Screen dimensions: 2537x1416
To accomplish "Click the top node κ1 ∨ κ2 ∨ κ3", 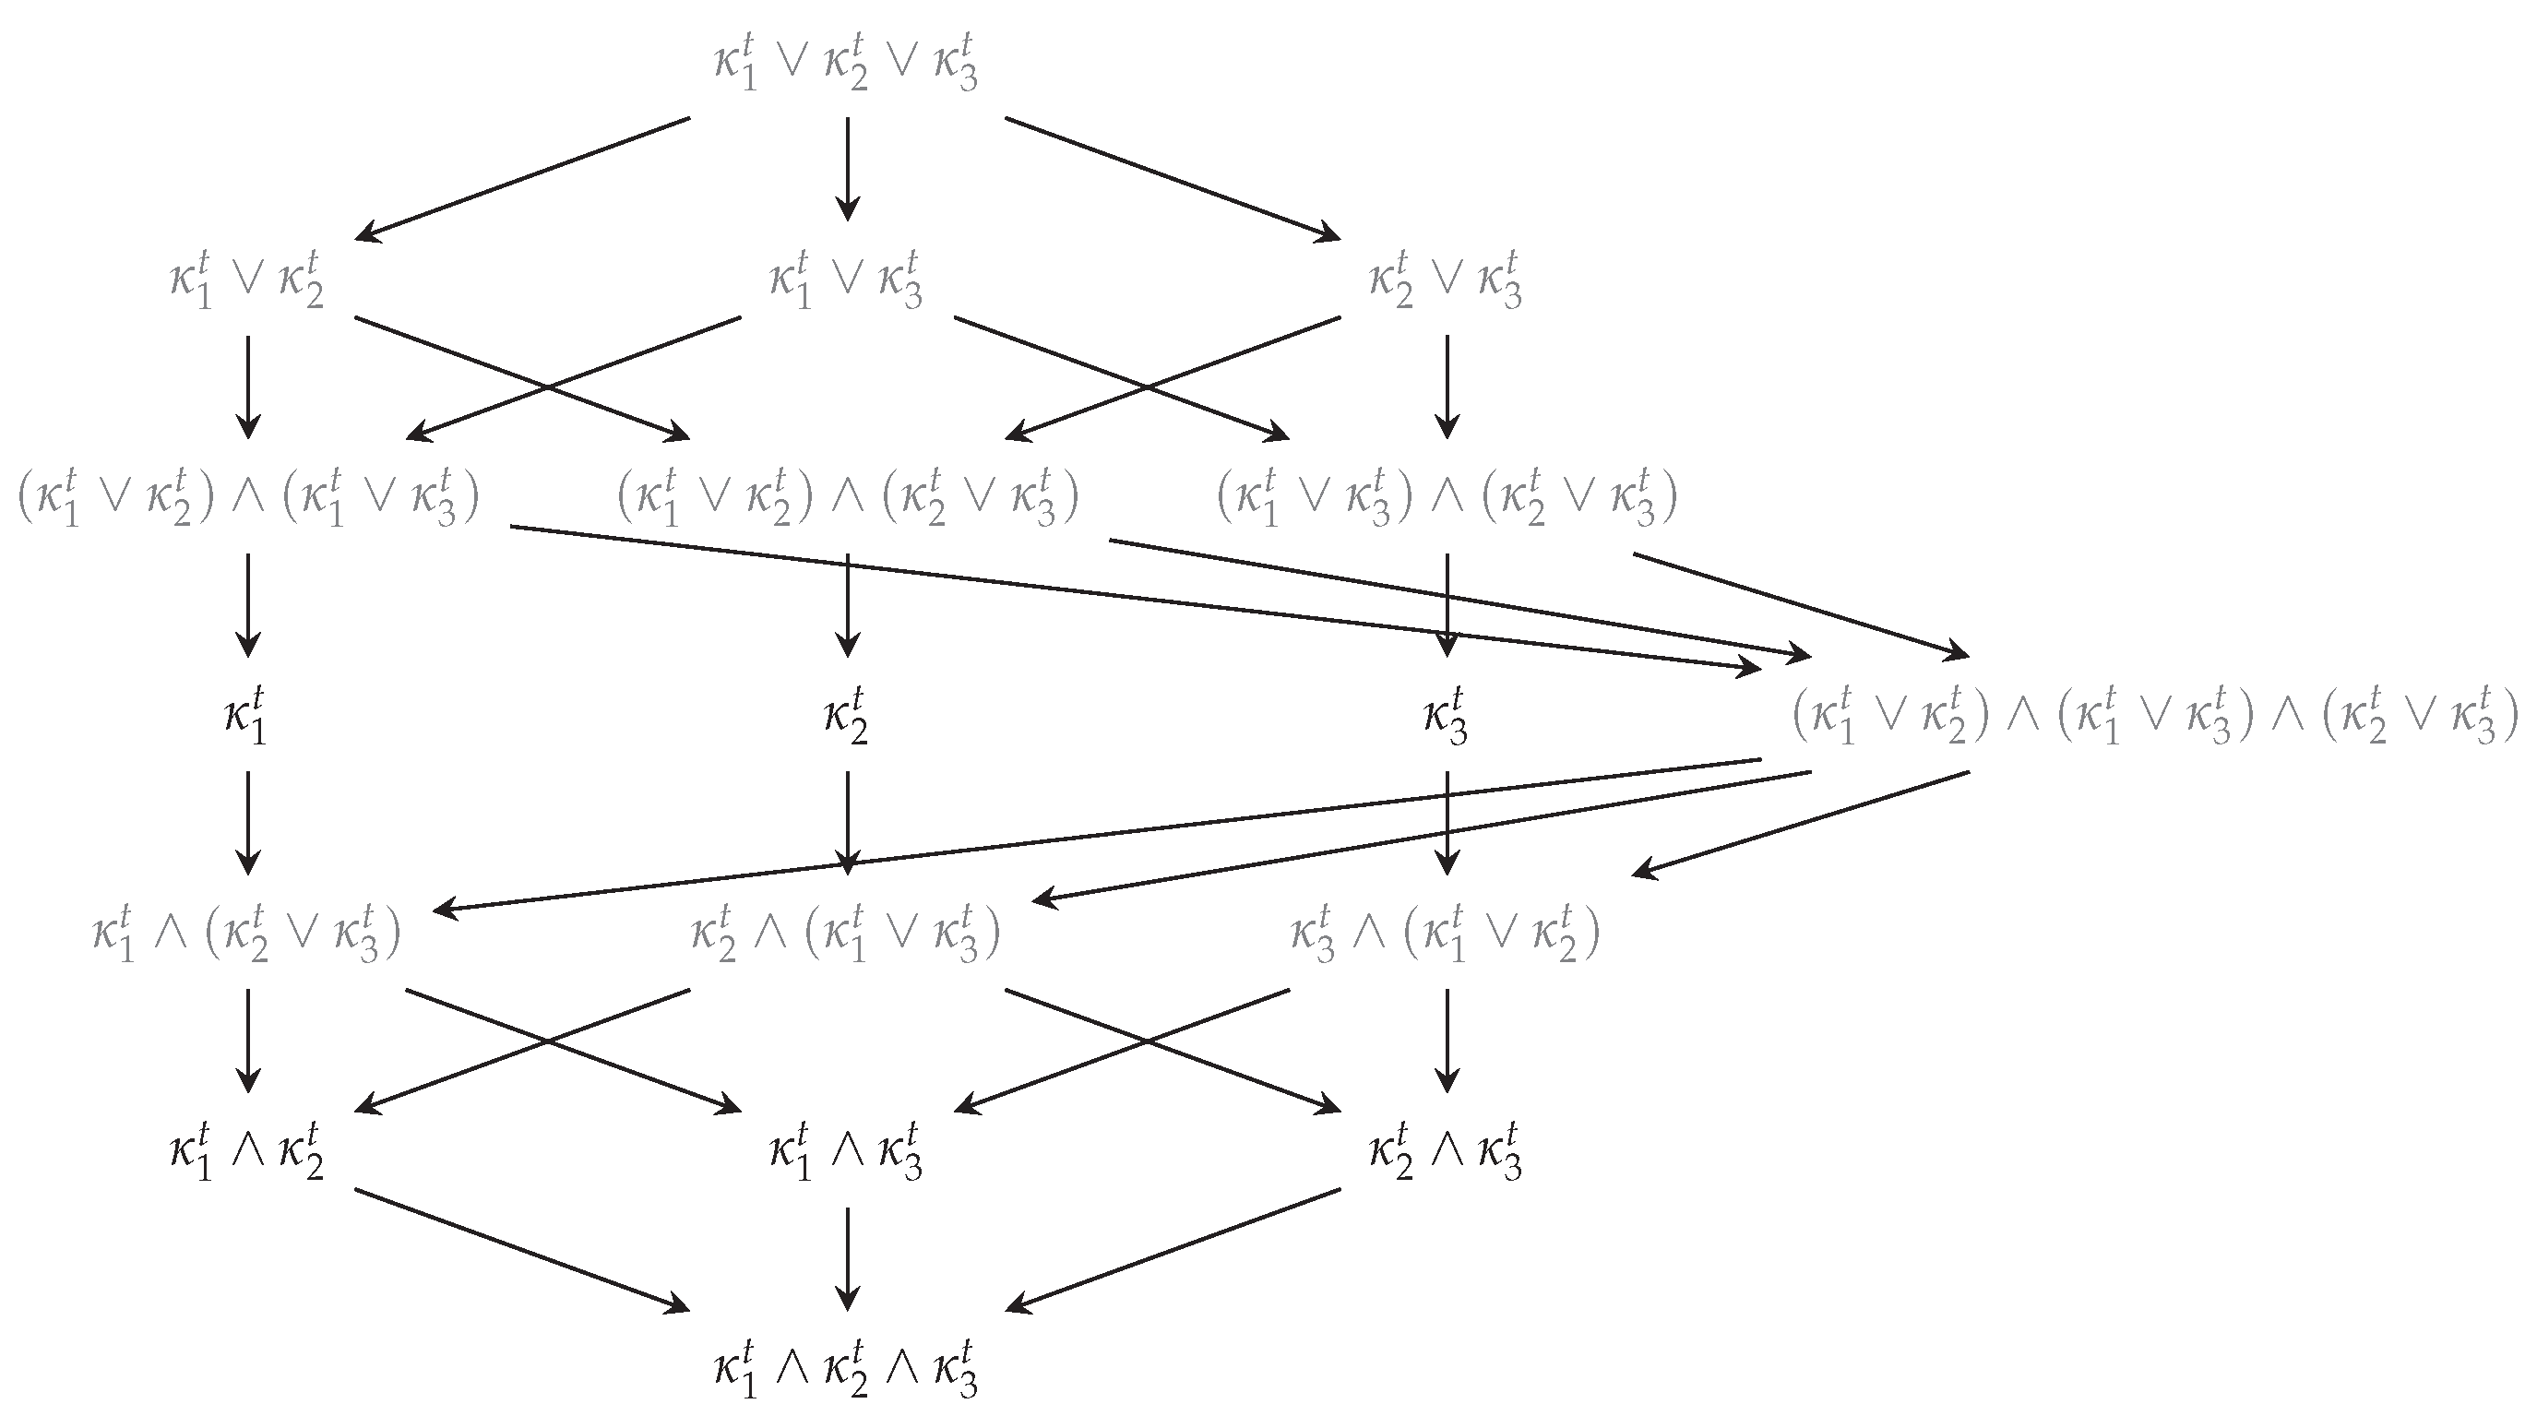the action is point(846,64).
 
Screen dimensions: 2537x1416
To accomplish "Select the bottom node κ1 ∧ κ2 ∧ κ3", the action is point(846,1368).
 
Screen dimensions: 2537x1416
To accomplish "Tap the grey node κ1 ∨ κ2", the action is point(247,281).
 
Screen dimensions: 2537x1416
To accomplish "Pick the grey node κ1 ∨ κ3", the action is point(846,281).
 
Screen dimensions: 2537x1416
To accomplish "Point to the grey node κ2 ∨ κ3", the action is point(1445,281).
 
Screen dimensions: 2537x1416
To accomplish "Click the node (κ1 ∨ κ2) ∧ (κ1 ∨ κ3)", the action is point(248,499).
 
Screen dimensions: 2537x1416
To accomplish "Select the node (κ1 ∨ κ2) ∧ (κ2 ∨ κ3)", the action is point(847,499).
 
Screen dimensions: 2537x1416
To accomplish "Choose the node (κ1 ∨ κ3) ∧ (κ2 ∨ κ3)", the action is point(1446,499).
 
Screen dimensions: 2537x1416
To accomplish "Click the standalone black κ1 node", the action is point(246,717).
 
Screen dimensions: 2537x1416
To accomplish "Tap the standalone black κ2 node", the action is point(846,717).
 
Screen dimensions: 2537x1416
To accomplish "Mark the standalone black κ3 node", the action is point(1445,717).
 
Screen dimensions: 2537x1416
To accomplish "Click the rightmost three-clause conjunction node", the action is point(2153,717).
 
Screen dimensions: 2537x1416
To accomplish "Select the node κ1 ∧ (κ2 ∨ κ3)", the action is point(247,934).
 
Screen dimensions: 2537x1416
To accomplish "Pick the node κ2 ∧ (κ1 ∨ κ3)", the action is point(846,934).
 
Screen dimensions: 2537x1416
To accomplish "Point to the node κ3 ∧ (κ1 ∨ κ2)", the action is point(1445,934).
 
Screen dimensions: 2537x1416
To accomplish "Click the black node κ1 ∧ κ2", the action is point(247,1151).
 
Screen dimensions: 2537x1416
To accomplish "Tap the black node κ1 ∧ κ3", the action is point(846,1151).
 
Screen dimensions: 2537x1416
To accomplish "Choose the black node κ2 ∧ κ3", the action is point(1445,1151).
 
